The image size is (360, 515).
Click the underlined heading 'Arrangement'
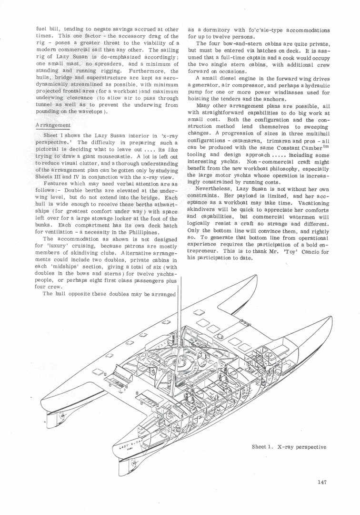coord(54,125)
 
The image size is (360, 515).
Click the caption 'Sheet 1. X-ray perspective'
coord(289,447)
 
